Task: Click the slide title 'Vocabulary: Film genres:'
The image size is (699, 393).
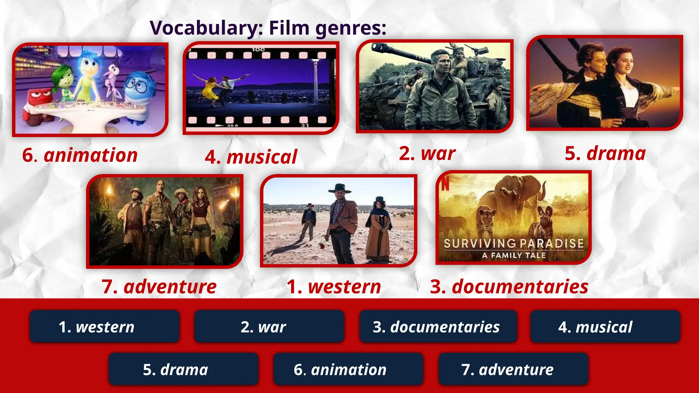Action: [268, 28]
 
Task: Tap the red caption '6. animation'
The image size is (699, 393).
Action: [80, 155]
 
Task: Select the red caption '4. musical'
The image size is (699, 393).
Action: [251, 157]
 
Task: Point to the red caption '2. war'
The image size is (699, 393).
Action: [427, 154]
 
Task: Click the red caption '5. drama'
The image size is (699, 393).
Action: [605, 154]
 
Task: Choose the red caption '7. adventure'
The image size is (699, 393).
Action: [159, 287]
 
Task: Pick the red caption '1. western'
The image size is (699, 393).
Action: [334, 287]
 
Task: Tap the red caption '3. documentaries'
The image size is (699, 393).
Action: [509, 287]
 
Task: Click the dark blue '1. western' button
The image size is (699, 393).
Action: [104, 326]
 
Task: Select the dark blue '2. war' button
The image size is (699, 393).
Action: [269, 326]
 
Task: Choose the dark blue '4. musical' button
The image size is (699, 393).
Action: [605, 326]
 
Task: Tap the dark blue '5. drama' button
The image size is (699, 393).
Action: [183, 369]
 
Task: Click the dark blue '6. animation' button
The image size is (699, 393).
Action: [348, 369]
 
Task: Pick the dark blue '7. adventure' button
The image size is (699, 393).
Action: [513, 369]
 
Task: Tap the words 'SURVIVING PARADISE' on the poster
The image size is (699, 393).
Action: [514, 243]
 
